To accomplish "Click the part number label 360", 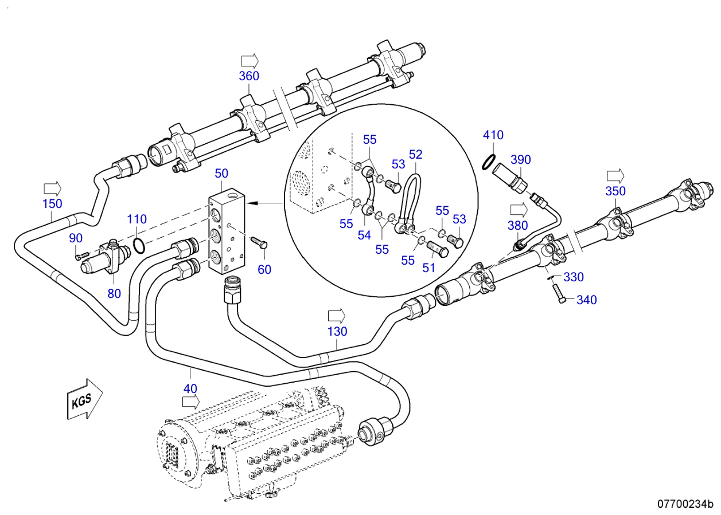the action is pos(249,76).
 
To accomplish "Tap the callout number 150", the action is pos(52,204).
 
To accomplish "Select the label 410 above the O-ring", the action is pos(493,135).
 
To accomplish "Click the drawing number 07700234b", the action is pos(685,504).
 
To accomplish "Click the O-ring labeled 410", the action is pos(489,162).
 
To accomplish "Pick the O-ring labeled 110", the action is pos(139,246).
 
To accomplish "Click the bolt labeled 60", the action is pos(259,242).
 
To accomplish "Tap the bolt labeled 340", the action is pos(559,293).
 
